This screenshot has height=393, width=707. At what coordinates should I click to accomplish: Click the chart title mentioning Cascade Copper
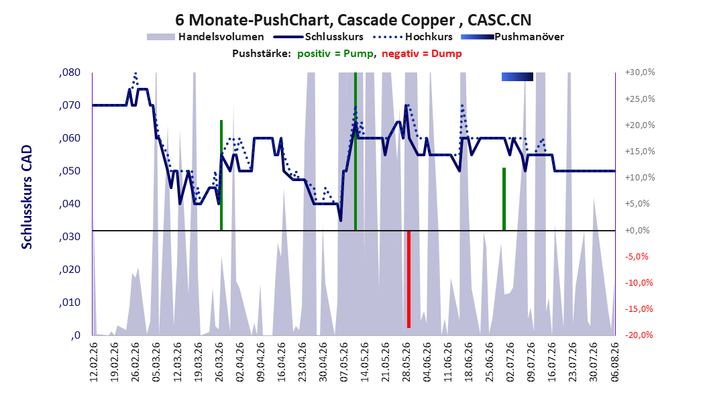tap(353, 20)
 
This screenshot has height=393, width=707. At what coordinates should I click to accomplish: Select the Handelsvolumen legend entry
tap(206, 37)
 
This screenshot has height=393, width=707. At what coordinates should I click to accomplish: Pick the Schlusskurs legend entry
tap(319, 37)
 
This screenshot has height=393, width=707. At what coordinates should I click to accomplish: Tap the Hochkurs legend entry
tap(413, 37)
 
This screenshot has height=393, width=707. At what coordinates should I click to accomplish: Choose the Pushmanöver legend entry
tap(512, 37)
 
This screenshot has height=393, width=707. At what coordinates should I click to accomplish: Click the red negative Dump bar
tap(409, 279)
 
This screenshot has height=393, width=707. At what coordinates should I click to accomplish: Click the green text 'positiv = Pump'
tap(335, 54)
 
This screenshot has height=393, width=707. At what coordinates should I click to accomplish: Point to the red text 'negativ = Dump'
tap(422, 54)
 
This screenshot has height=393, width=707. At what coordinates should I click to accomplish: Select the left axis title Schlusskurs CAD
tap(27, 197)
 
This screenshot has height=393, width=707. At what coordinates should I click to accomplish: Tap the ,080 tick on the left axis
tap(70, 72)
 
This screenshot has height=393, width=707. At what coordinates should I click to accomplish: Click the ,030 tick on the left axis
tap(70, 237)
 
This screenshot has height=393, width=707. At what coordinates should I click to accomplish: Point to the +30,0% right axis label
tap(640, 72)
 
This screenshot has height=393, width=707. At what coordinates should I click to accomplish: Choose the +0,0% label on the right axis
tap(637, 230)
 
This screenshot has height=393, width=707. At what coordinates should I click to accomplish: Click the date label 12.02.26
tap(93, 362)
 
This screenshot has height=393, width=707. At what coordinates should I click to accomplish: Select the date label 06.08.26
tap(615, 362)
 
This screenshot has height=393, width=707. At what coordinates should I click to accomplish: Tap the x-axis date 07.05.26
tap(343, 362)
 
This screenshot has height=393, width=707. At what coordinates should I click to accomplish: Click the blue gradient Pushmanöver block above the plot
tap(517, 76)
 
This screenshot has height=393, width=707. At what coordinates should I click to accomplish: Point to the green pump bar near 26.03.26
tap(221, 175)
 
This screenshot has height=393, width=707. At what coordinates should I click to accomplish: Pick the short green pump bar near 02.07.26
tap(504, 199)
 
